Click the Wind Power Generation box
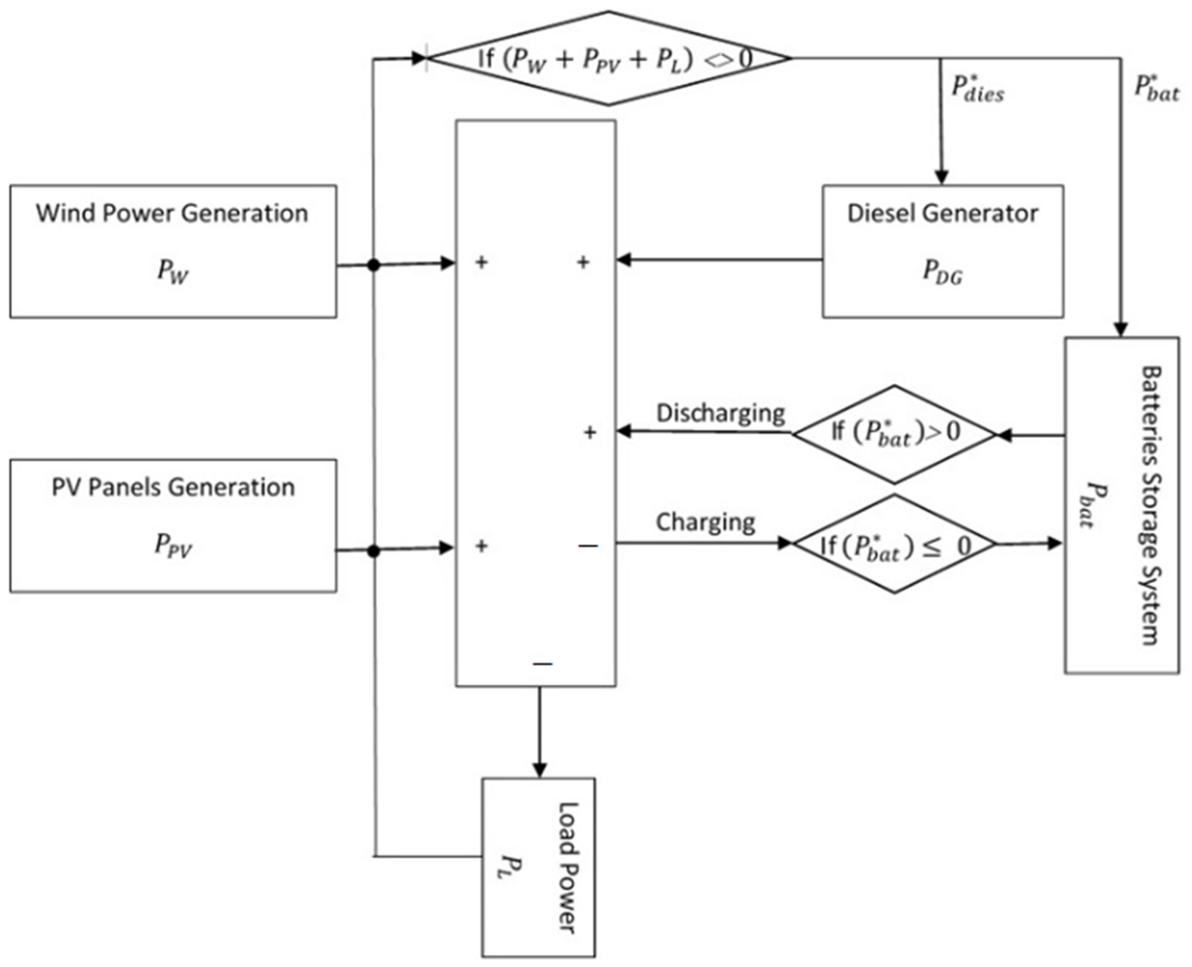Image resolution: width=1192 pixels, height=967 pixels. (173, 251)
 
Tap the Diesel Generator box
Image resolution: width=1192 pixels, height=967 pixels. (942, 251)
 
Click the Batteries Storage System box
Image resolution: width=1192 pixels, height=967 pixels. (1122, 505)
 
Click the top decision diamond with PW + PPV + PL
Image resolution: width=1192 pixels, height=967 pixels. (608, 58)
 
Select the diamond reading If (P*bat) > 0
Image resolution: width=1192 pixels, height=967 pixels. (894, 434)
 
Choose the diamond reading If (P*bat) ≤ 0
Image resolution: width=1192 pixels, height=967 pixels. (894, 544)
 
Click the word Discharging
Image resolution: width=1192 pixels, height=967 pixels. (720, 413)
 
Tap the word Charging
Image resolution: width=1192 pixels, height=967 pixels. (705, 522)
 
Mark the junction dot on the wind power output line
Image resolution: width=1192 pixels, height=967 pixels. (374, 266)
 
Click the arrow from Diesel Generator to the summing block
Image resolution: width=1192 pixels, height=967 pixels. (719, 260)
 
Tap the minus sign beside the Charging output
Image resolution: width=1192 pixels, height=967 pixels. (588, 546)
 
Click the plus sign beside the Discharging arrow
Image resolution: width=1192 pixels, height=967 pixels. (589, 432)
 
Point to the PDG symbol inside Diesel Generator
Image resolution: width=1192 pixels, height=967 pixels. (942, 273)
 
